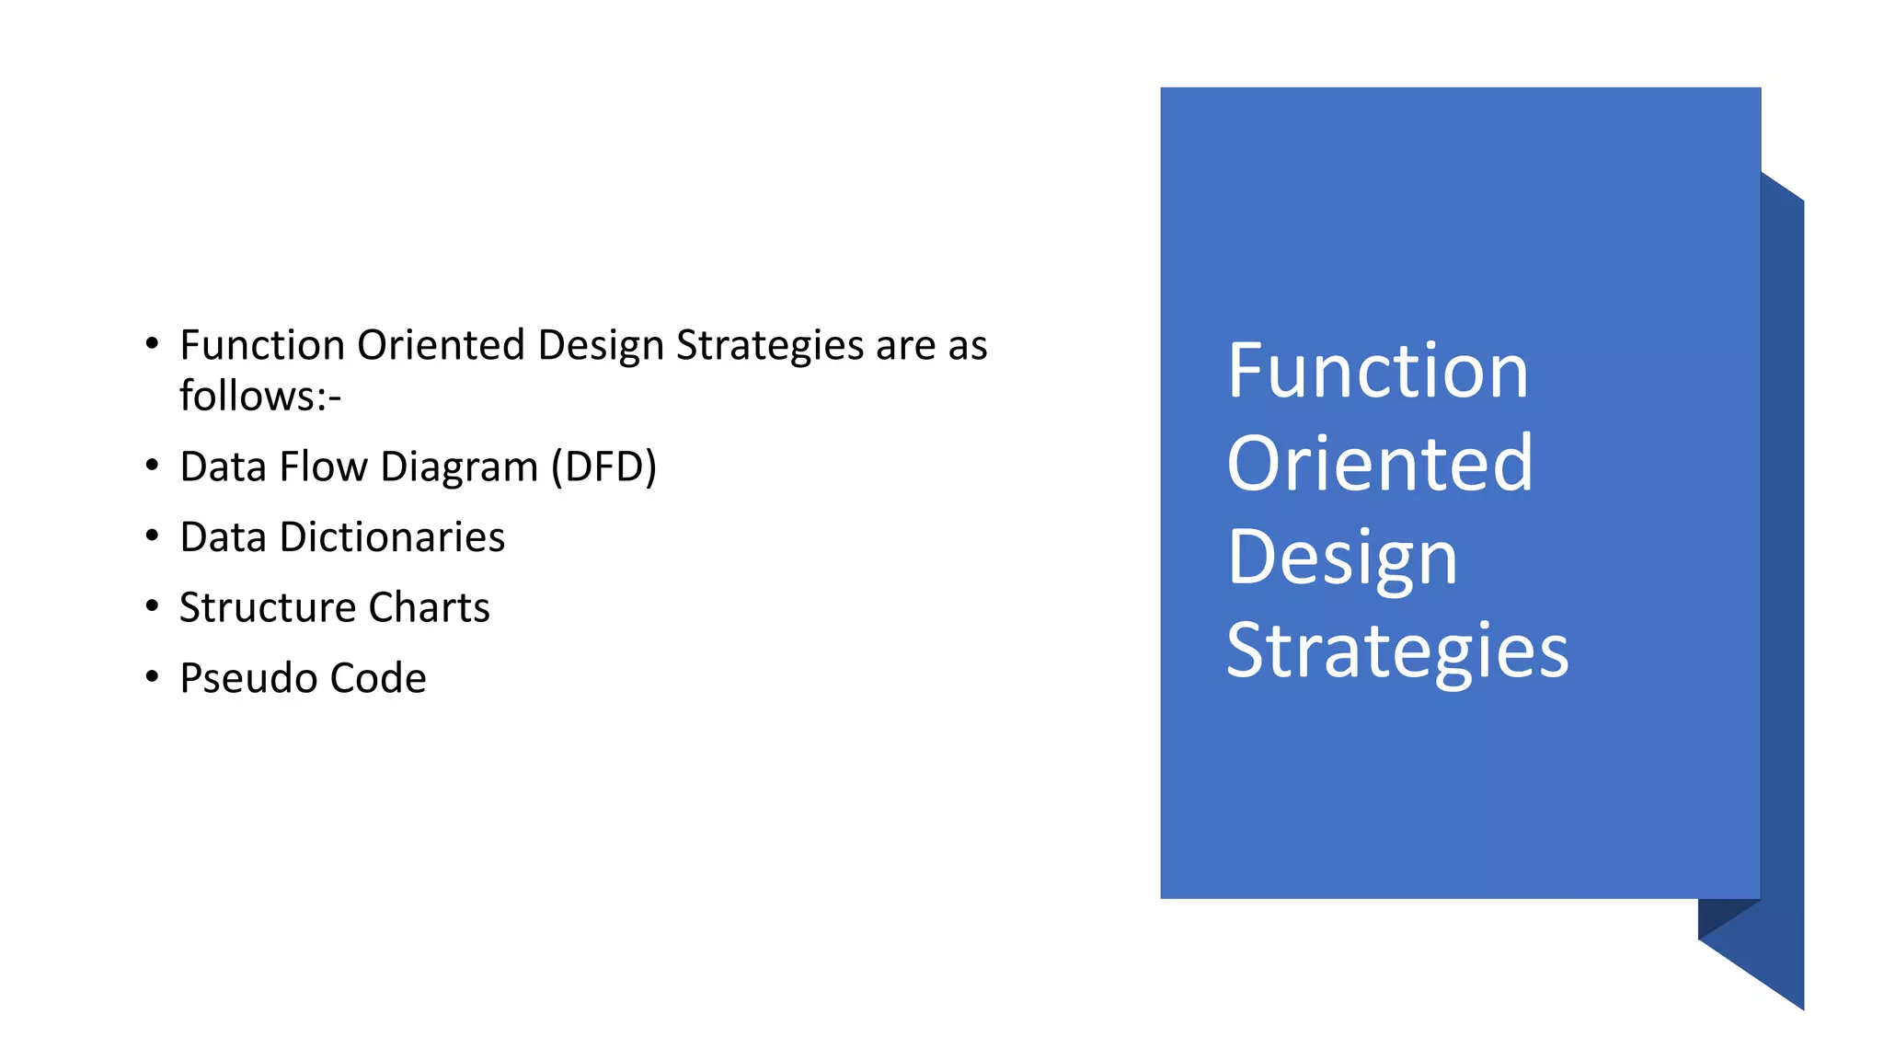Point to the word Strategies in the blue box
tap(1396, 651)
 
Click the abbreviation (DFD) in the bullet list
tap(603, 467)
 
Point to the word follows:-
tap(260, 397)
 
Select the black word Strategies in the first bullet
tap(770, 345)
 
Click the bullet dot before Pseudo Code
tap(152, 676)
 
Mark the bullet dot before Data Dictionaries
tap(152, 536)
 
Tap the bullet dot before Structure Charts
tap(152, 605)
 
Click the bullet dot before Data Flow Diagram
tap(152, 465)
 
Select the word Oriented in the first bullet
tap(441, 345)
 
